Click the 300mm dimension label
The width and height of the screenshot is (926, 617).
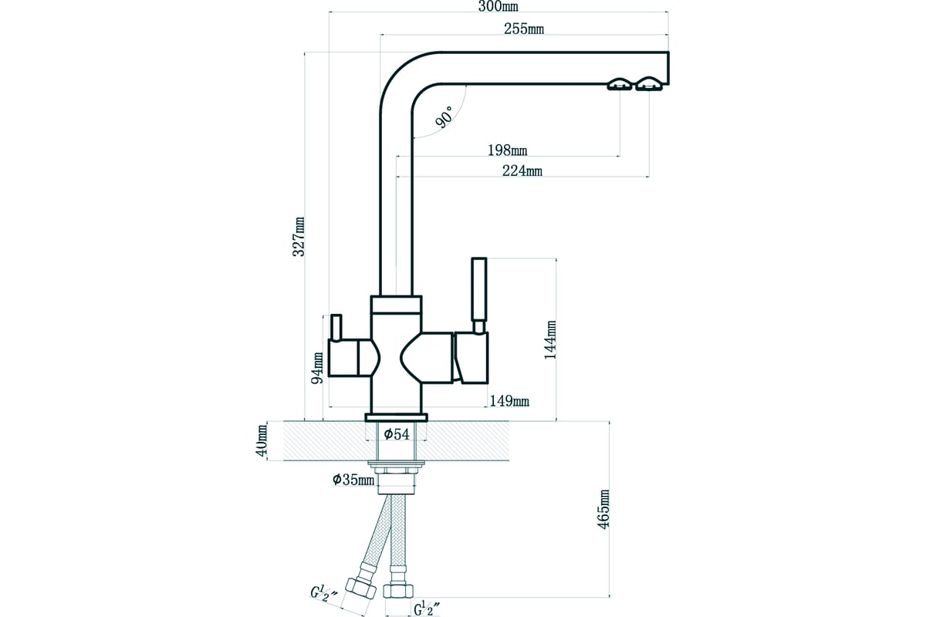[x=498, y=7]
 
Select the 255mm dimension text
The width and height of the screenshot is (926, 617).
[x=524, y=29]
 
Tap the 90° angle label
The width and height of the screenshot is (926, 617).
[x=444, y=117]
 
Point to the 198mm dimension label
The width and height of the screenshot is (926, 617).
[x=507, y=150]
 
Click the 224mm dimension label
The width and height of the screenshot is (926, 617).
[x=522, y=170]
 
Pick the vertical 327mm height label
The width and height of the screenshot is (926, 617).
[x=299, y=236]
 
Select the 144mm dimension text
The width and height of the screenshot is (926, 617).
[x=549, y=339]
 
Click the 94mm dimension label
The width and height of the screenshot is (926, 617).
[x=317, y=368]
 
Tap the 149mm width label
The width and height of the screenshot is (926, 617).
[x=509, y=401]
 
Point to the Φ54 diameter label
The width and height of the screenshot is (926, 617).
[x=397, y=434]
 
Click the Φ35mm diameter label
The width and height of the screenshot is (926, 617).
[x=353, y=480]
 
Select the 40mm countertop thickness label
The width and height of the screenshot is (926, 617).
[x=262, y=440]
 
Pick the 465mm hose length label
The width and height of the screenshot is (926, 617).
[x=603, y=509]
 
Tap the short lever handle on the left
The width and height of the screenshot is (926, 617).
[x=336, y=327]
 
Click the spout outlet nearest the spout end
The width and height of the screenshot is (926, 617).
[x=649, y=84]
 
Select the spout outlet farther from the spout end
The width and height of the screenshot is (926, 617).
[x=620, y=84]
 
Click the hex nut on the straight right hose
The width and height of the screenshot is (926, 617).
[x=398, y=591]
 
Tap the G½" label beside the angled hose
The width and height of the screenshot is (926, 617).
[x=323, y=595]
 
